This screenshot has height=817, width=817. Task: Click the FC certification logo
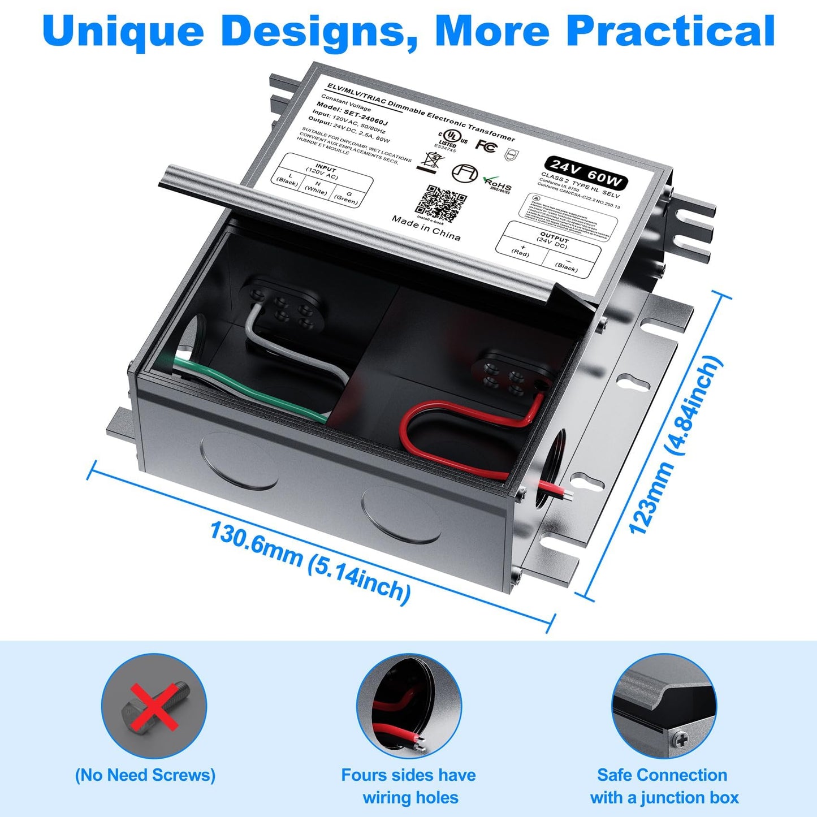pos(485,145)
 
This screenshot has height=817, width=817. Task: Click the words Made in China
pos(426,228)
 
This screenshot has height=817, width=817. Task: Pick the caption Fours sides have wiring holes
pos(408,786)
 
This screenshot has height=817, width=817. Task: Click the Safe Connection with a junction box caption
pos(664,786)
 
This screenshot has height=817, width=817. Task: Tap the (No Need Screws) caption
pos(145,775)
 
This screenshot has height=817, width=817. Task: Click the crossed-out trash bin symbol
pos(427,161)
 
